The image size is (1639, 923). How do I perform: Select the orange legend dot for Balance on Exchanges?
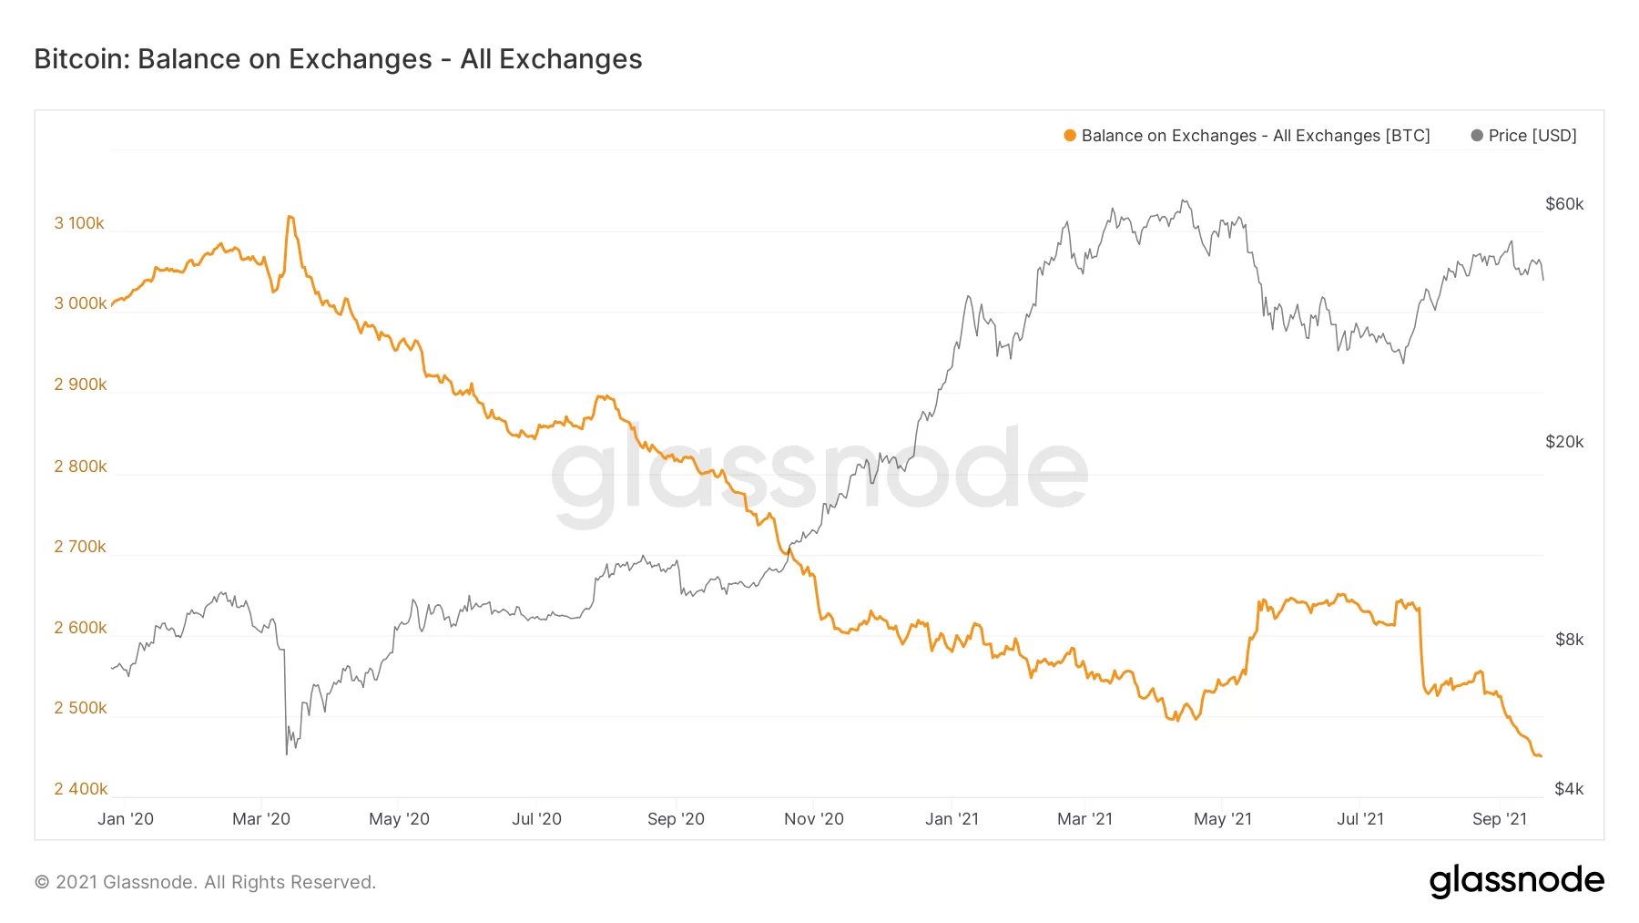tap(1070, 136)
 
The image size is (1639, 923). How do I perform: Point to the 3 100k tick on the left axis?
tap(79, 223)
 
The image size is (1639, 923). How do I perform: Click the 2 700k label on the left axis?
tap(80, 547)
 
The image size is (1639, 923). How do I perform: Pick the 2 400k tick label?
tap(80, 789)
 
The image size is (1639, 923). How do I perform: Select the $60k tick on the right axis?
tap(1564, 204)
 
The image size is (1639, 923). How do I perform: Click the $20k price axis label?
tap(1564, 442)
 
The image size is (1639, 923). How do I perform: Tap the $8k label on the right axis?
tap(1569, 640)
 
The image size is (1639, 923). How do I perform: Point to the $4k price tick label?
tap(1569, 789)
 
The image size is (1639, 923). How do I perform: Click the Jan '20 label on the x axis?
tap(126, 819)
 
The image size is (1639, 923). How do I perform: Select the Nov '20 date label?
tap(814, 819)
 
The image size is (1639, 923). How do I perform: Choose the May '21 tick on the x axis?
tap(1223, 819)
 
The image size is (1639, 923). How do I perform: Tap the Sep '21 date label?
tap(1500, 819)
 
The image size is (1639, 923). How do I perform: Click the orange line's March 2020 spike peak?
tap(290, 217)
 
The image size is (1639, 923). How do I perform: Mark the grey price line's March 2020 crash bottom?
tap(287, 754)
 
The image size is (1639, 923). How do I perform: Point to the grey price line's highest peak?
tap(1183, 200)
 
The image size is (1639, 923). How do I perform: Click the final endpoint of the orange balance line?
tap(1540, 756)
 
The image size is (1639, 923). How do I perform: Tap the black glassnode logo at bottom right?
tap(1516, 881)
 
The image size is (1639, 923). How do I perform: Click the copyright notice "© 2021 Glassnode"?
tap(205, 882)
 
